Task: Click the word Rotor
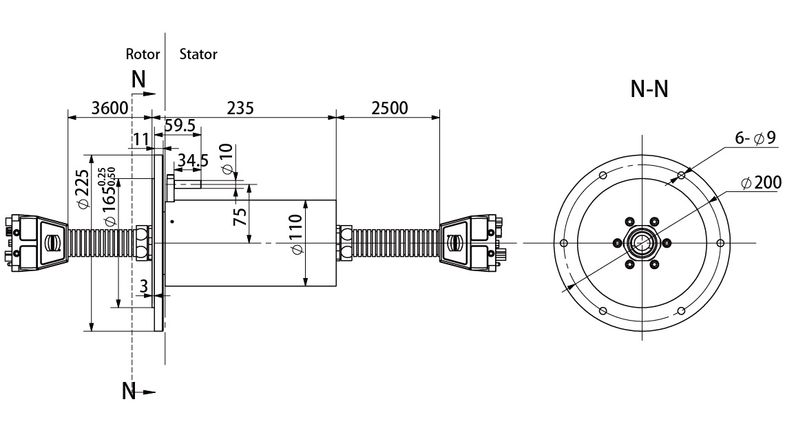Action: point(143,54)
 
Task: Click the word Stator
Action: point(198,54)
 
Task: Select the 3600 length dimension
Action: point(109,108)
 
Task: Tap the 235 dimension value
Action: point(240,108)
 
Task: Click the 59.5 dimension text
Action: point(180,125)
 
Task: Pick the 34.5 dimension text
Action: point(193,161)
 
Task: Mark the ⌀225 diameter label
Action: point(83,189)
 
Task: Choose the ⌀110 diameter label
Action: point(295,235)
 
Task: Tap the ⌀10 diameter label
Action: point(227,159)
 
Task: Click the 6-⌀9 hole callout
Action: point(755,138)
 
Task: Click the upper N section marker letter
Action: point(138,80)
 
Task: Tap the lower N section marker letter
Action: point(129,391)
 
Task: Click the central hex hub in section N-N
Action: point(642,243)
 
